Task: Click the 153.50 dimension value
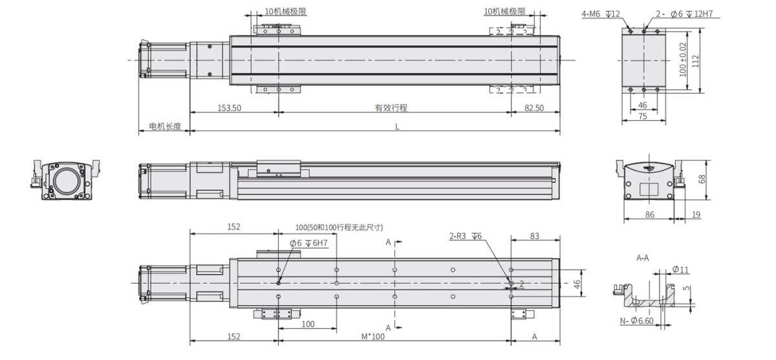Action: click(x=229, y=108)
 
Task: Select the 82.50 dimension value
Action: click(x=534, y=108)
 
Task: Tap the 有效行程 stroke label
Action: click(x=391, y=108)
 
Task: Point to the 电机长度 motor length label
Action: click(x=165, y=126)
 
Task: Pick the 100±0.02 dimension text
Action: click(x=682, y=59)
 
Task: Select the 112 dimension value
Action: click(x=695, y=61)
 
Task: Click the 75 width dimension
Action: click(x=643, y=116)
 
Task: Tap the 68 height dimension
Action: click(x=702, y=179)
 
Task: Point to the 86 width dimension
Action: click(x=649, y=215)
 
